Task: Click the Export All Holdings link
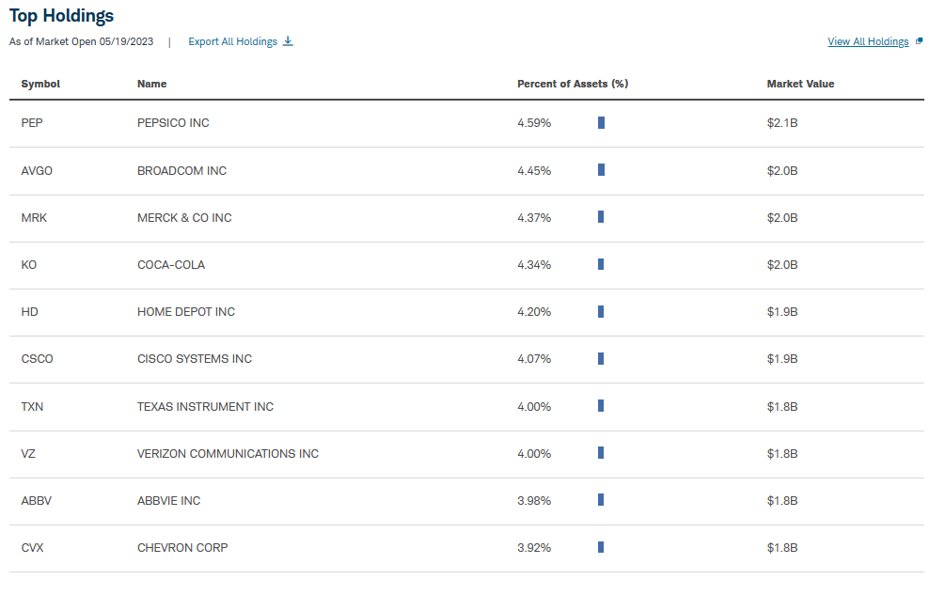click(x=232, y=41)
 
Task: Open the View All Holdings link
click(x=867, y=41)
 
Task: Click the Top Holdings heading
click(x=61, y=16)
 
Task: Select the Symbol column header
click(x=40, y=84)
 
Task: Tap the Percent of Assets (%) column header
click(x=572, y=84)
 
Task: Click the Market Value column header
click(x=800, y=84)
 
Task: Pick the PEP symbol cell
click(x=32, y=123)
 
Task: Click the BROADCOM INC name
click(x=181, y=170)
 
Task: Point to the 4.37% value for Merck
click(x=534, y=217)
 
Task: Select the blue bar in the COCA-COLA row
click(x=601, y=264)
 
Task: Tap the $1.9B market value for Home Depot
click(x=781, y=311)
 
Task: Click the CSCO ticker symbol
click(x=37, y=358)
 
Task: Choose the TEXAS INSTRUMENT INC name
click(x=205, y=406)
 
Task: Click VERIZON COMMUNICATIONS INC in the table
click(x=228, y=453)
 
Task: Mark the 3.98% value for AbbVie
click(x=534, y=500)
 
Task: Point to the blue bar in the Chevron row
click(x=601, y=547)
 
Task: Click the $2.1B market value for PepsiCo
click(x=781, y=123)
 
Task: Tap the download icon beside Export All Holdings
click(x=288, y=41)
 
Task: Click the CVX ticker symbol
click(x=32, y=547)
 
